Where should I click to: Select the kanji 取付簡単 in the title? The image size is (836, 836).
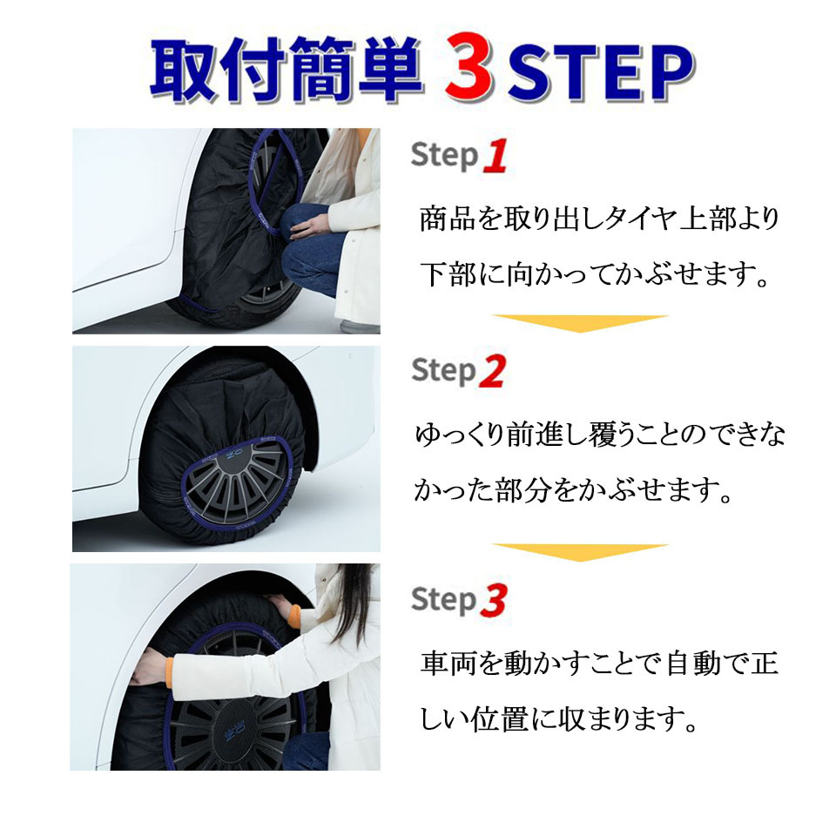[287, 70]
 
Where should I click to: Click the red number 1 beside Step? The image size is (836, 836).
[495, 156]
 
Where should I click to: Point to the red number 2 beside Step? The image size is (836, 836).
[492, 371]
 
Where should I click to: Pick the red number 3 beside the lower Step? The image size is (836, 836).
[493, 600]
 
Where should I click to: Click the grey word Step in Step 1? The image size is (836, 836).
[444, 156]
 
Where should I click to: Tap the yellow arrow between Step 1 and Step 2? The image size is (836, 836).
[580, 323]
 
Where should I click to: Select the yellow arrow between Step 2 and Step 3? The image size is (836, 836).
[580, 552]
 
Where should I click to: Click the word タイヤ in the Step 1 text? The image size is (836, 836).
[641, 219]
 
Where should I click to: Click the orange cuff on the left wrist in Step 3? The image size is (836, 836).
[170, 674]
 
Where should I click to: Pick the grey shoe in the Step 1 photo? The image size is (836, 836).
[360, 325]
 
